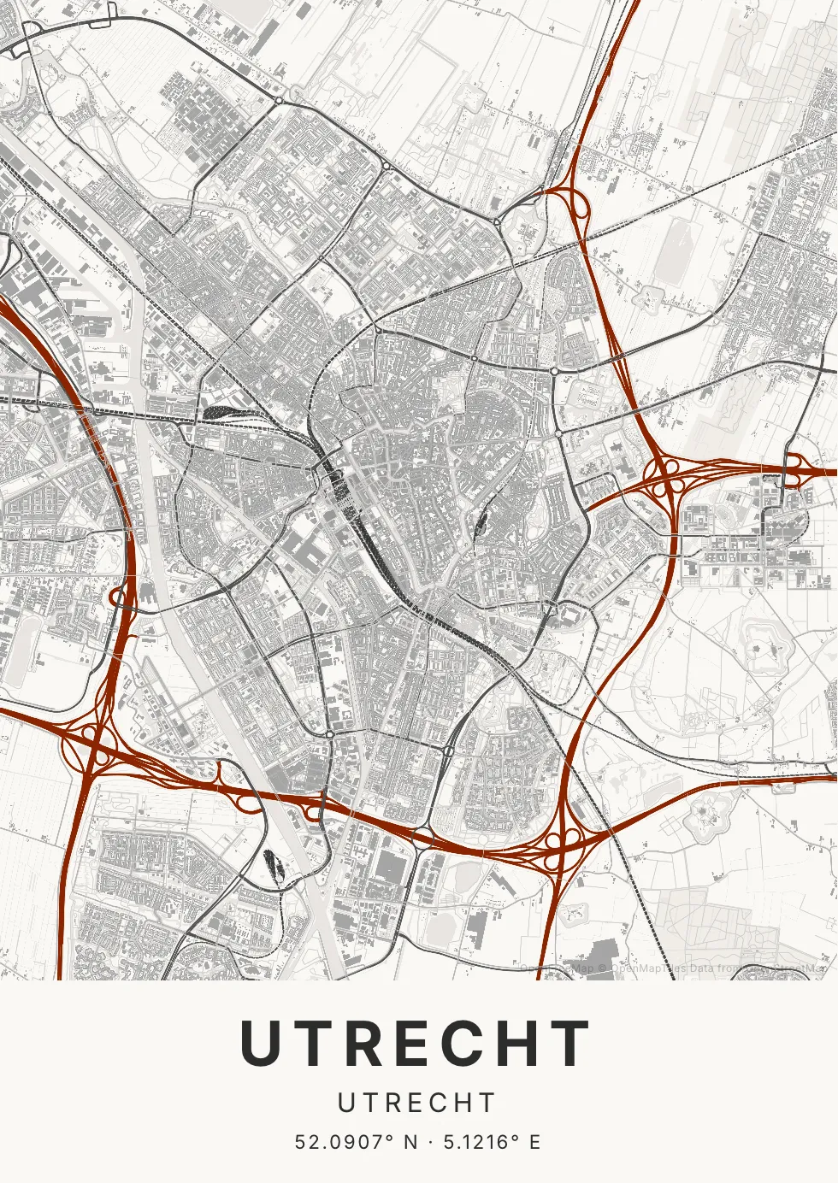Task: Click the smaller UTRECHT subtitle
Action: (x=417, y=1103)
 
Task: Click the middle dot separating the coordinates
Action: (x=430, y=1142)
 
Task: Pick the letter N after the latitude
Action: (x=411, y=1142)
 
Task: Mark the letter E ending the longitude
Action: (x=535, y=1142)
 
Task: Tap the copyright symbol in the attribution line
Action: (x=602, y=968)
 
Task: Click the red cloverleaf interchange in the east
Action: (x=666, y=477)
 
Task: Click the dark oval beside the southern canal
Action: (x=276, y=866)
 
